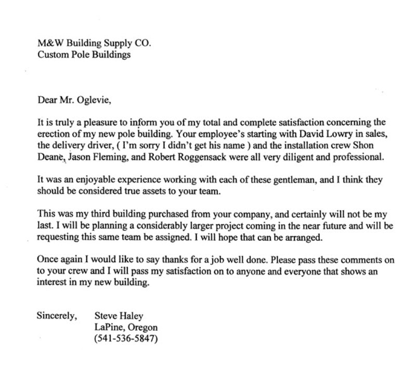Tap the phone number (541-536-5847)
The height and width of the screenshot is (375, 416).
(125, 340)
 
